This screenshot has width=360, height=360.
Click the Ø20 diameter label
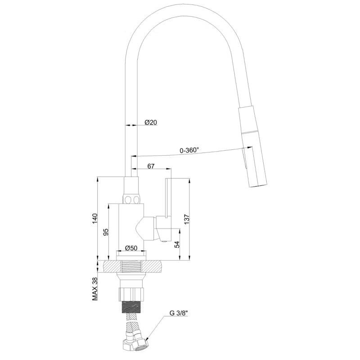[x=151, y=122]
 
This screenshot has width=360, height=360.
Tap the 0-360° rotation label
[x=189, y=150]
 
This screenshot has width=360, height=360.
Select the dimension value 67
[x=151, y=166]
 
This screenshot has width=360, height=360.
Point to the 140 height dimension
[x=95, y=219]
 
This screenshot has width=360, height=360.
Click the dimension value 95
[x=106, y=232]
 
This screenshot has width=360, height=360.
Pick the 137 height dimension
[x=186, y=219]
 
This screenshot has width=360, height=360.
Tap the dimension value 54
[x=177, y=244]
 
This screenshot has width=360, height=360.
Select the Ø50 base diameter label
[x=131, y=248]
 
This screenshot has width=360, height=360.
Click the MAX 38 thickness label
[x=95, y=289]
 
